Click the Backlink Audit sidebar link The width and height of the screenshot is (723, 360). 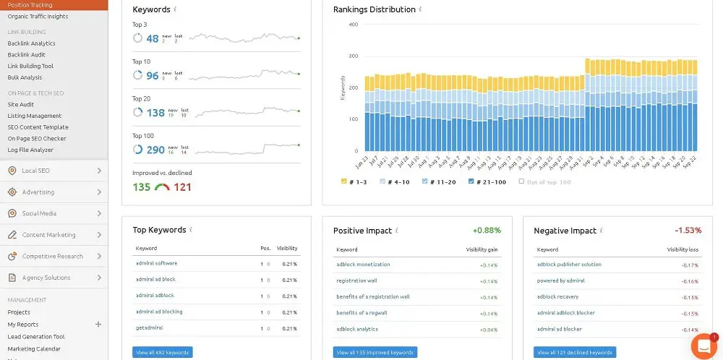tap(26, 54)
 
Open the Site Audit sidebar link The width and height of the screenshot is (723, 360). tap(20, 104)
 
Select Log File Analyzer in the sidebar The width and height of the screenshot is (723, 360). tap(30, 150)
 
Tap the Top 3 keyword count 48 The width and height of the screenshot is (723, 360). tap(152, 39)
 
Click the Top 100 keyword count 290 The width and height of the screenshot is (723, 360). tap(155, 150)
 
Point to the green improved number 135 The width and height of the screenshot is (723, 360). tap(141, 187)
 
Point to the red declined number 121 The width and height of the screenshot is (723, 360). tap(182, 187)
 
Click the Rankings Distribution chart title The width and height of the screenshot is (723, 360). tap(374, 9)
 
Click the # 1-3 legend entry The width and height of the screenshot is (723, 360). tap(354, 181)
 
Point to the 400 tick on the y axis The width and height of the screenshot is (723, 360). tap(353, 24)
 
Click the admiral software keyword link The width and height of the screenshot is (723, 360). tap(156, 263)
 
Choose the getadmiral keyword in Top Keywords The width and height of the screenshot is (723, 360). tap(150, 327)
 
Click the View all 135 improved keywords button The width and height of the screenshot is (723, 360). tap(375, 353)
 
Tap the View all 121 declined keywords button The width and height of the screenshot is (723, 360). tap(575, 353)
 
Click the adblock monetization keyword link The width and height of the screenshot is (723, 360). tap(362, 265)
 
